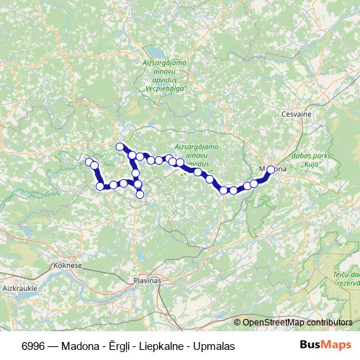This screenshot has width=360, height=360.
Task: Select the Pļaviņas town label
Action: click(x=148, y=279)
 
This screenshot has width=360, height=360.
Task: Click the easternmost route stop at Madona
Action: click(x=271, y=170)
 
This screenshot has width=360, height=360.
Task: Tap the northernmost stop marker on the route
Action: click(x=120, y=147)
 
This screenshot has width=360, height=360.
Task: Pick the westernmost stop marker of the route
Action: click(x=89, y=161)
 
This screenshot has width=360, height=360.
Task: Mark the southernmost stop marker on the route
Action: click(x=140, y=194)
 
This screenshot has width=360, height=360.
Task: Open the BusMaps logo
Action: click(x=326, y=346)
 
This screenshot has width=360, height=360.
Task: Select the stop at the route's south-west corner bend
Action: click(x=100, y=186)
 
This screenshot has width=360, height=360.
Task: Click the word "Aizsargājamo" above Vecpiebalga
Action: click(x=165, y=66)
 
